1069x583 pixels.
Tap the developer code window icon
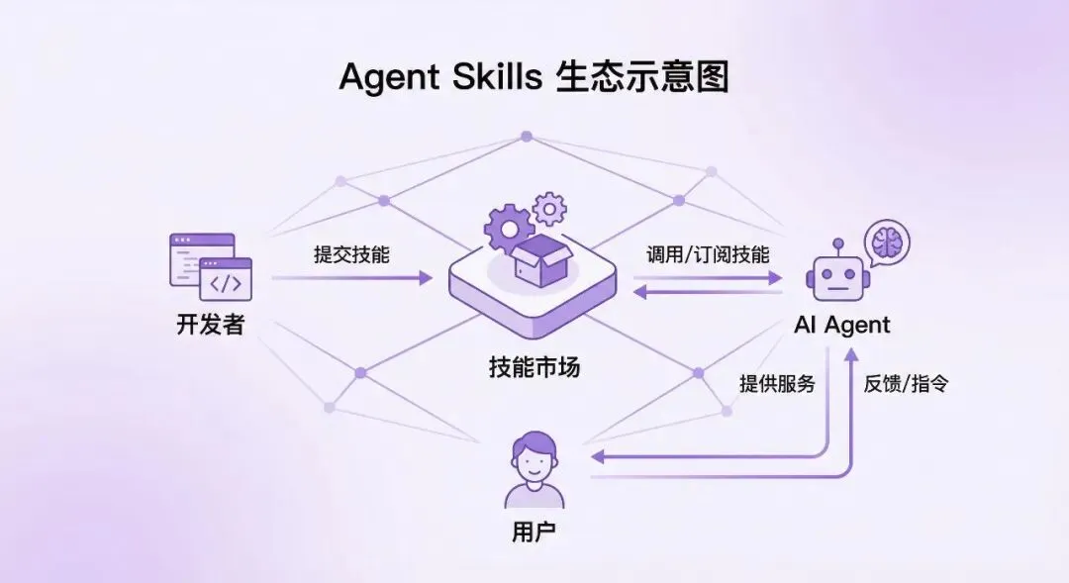pyautogui.click(x=211, y=266)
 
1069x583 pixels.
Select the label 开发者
pyautogui.click(x=210, y=324)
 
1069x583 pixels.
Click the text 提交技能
pyautogui.click(x=351, y=254)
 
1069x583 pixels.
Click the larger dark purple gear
pyautogui.click(x=509, y=228)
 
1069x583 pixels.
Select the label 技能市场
pyautogui.click(x=534, y=368)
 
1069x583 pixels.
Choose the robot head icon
pyautogui.click(x=837, y=278)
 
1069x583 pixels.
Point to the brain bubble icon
pyautogui.click(x=885, y=241)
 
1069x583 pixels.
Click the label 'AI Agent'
pyautogui.click(x=842, y=325)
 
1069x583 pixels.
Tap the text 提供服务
pyautogui.click(x=777, y=384)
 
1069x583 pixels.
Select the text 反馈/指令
pyautogui.click(x=906, y=384)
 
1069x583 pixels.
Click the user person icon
pyautogui.click(x=534, y=469)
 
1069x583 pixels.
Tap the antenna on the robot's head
pyautogui.click(x=837, y=243)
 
